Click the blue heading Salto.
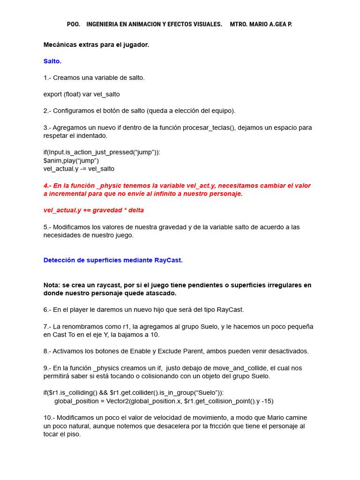click(x=52, y=61)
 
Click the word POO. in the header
click(x=74, y=24)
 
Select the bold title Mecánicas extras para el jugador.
click(x=96, y=45)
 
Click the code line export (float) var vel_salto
click(x=82, y=94)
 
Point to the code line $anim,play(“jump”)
click(x=71, y=160)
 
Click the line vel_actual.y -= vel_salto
click(x=79, y=169)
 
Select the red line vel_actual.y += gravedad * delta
click(x=94, y=210)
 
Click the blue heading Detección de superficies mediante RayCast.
click(x=113, y=260)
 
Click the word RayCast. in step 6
click(x=230, y=310)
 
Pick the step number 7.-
click(x=47, y=326)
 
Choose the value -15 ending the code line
click(x=268, y=401)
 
